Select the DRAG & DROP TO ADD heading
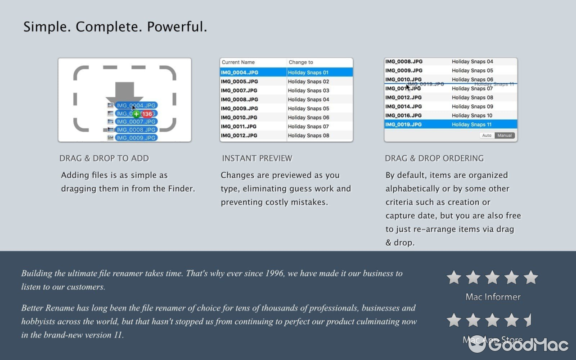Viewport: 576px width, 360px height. point(104,158)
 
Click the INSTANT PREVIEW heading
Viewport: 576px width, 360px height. point(257,158)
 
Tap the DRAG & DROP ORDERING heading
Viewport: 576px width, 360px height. point(434,158)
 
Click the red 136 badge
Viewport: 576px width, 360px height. point(147,114)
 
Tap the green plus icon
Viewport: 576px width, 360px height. point(136,114)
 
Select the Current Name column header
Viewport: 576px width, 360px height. point(238,62)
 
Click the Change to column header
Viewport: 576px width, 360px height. point(301,62)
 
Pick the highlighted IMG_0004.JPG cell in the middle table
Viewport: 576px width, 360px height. point(239,72)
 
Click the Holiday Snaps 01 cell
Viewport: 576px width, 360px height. point(308,72)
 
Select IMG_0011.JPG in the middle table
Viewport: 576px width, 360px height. point(238,126)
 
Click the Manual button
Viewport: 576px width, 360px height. point(504,135)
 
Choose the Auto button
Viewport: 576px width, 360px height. point(487,135)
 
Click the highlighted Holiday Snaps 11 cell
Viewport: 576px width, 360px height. point(472,125)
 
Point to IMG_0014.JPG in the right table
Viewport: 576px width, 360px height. point(404,107)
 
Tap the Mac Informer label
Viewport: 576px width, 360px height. point(493,297)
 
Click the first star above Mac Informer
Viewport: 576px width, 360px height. point(454,278)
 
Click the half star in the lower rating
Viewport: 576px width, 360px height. point(528,320)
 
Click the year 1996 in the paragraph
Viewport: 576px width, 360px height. point(274,273)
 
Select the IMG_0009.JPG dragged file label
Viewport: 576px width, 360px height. point(135,138)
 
